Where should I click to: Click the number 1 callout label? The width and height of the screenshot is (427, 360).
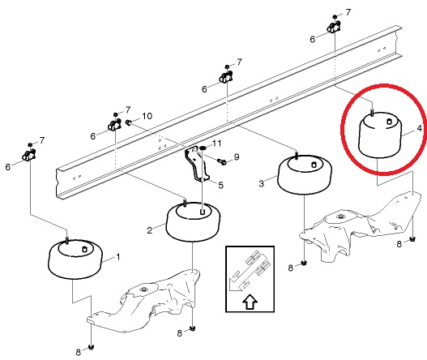(x=118, y=257)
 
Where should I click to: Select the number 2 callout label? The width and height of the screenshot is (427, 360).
(x=150, y=230)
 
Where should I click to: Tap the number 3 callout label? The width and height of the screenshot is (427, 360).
(x=262, y=184)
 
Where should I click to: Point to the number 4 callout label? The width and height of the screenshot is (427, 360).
(x=420, y=128)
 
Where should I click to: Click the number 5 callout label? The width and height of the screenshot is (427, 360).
(x=221, y=186)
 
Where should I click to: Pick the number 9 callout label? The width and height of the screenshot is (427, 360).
(x=237, y=157)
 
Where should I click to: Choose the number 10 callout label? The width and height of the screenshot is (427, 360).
(x=147, y=116)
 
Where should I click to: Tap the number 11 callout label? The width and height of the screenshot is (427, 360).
(x=217, y=144)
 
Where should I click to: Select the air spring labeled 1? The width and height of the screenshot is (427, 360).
(x=75, y=259)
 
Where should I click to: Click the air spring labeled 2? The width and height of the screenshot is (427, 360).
(x=194, y=222)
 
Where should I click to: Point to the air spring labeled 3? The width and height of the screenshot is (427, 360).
(x=305, y=174)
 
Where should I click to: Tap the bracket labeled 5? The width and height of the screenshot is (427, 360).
(x=197, y=164)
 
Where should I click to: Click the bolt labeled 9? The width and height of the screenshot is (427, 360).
(x=222, y=162)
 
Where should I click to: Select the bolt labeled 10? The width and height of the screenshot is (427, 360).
(x=128, y=122)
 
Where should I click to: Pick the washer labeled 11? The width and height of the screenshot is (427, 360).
(x=203, y=148)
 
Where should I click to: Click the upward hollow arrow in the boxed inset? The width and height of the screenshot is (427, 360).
(x=250, y=301)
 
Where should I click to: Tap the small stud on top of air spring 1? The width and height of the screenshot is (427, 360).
(x=84, y=249)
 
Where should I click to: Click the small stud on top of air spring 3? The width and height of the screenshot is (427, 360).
(x=314, y=165)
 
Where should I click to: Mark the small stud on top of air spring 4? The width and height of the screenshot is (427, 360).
(x=390, y=122)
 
